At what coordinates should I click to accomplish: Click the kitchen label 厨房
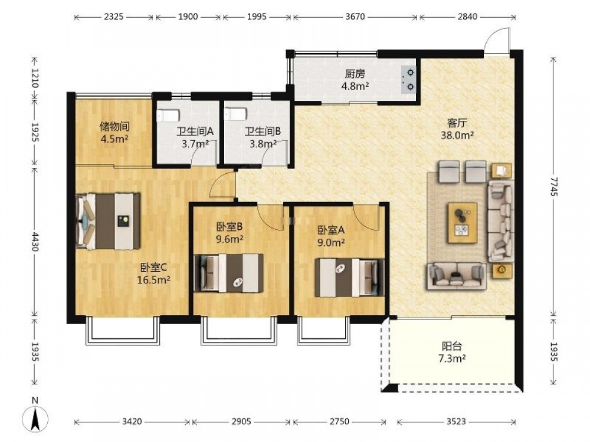click(355, 74)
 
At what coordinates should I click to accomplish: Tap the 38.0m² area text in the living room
click(457, 135)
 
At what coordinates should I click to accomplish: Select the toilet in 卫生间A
click(168, 115)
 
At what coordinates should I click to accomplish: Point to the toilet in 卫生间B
click(235, 114)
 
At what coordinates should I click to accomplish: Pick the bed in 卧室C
click(107, 222)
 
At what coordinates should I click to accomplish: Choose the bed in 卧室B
click(229, 273)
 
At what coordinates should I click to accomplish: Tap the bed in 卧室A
click(349, 278)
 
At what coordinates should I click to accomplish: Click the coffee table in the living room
click(463, 223)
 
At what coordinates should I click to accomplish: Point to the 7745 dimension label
click(553, 186)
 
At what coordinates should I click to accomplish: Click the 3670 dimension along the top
click(355, 17)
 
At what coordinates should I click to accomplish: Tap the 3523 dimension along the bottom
click(456, 422)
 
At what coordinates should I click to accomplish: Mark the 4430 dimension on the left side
click(35, 241)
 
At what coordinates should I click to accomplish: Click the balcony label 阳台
click(452, 346)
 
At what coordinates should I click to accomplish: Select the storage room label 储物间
click(115, 126)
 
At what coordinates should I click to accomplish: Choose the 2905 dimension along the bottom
click(241, 422)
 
